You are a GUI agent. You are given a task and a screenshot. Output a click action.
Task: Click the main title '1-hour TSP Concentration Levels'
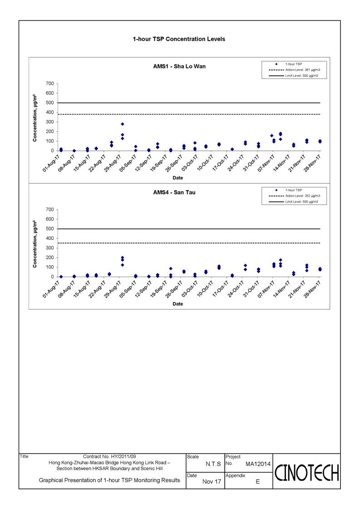pyautogui.click(x=179, y=39)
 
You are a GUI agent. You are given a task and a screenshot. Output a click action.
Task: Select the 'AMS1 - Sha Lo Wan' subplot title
pyautogui.click(x=179, y=66)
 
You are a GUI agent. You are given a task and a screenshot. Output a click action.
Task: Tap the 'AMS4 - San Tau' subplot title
pyautogui.click(x=174, y=193)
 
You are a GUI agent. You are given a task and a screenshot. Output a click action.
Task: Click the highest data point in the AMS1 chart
pyautogui.click(x=122, y=124)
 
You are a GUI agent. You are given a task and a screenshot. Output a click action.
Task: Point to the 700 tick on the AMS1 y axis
pyautogui.click(x=50, y=84)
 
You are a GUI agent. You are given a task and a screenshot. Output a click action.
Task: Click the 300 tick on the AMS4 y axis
pyautogui.click(x=50, y=248)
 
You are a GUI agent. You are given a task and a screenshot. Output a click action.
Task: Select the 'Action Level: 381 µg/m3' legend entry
pyautogui.click(x=294, y=70)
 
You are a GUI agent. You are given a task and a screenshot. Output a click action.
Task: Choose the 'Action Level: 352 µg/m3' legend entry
pyautogui.click(x=294, y=196)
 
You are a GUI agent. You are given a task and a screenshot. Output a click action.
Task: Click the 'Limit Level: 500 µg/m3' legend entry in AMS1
pyautogui.click(x=293, y=76)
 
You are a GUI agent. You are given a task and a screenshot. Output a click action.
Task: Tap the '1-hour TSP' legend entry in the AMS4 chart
pyautogui.click(x=289, y=190)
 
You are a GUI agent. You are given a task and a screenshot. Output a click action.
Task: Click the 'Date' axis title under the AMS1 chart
pyautogui.click(x=178, y=178)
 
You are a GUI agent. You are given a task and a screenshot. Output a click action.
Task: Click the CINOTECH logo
pyautogui.click(x=307, y=473)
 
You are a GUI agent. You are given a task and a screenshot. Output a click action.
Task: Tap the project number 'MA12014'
pyautogui.click(x=258, y=464)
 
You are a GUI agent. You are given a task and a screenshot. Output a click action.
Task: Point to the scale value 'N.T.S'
pyautogui.click(x=213, y=464)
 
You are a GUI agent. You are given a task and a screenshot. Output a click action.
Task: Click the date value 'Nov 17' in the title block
pyautogui.click(x=212, y=482)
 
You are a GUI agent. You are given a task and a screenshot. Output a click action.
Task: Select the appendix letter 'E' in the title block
pyautogui.click(x=258, y=482)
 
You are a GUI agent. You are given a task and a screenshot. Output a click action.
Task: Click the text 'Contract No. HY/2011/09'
pyautogui.click(x=109, y=457)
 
